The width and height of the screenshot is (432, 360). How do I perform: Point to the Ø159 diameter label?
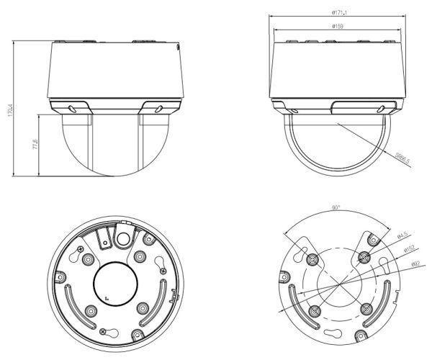click(336, 27)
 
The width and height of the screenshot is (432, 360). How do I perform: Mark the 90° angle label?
click(336, 209)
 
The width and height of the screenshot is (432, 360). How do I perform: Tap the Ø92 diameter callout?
click(416, 265)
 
